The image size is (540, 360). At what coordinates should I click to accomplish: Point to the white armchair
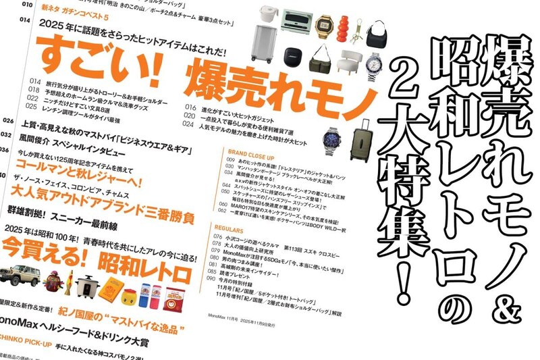[349, 61]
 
